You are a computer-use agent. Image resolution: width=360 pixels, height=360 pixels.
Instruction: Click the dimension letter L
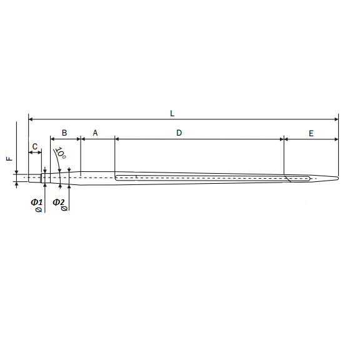[x=172, y=113]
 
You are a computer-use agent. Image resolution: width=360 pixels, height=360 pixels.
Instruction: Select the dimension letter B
[x=64, y=132]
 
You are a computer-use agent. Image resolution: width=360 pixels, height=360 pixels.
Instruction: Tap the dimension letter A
[x=95, y=132]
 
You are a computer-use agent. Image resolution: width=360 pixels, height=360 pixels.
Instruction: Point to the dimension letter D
[x=179, y=132]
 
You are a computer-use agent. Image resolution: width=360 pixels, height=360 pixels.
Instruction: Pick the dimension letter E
[x=311, y=133]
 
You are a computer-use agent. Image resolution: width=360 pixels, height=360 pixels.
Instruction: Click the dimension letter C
[x=34, y=146]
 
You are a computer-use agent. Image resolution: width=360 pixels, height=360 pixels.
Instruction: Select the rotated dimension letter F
[x=9, y=159]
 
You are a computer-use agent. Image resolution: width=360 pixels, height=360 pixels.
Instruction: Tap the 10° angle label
[x=61, y=152]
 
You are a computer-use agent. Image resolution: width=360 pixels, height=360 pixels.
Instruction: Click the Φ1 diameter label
[x=36, y=202]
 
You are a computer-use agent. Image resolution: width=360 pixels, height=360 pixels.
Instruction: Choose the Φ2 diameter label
[x=59, y=202]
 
